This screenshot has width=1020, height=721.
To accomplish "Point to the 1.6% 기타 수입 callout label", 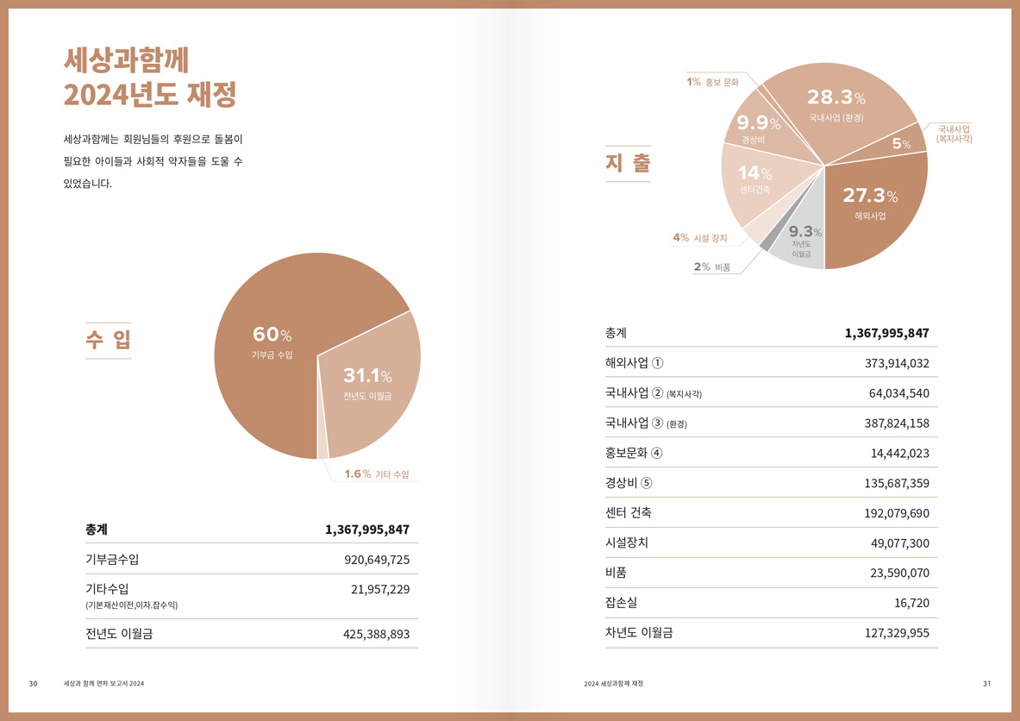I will (x=377, y=474).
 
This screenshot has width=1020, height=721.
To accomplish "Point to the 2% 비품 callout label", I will (x=712, y=267).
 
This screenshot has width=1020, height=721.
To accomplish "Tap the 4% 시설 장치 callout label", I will (x=700, y=238).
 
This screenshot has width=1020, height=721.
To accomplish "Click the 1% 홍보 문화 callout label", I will (x=713, y=83).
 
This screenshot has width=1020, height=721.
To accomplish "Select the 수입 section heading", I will (x=109, y=340).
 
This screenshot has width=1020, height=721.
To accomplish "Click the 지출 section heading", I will (x=628, y=163).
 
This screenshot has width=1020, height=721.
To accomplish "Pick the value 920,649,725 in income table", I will (x=377, y=560).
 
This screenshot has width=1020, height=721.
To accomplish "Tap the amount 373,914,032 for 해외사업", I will (x=897, y=363).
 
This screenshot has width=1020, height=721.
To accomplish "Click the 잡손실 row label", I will (x=622, y=602).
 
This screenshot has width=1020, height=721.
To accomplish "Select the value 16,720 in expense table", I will (x=909, y=603).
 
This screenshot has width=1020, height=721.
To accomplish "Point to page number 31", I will (x=986, y=684).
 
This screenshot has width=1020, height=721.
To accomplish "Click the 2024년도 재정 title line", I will (x=150, y=94).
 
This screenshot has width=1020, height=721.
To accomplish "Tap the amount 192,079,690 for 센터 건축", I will (x=897, y=513).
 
